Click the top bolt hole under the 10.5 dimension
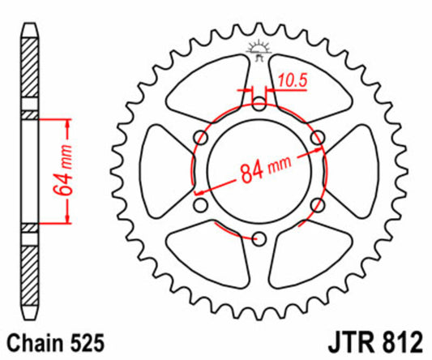coord(259,104)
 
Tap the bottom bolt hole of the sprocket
coord(259,238)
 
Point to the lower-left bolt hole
coord(200,204)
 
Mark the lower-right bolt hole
coord(317,204)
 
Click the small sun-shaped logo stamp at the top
coord(259,49)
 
